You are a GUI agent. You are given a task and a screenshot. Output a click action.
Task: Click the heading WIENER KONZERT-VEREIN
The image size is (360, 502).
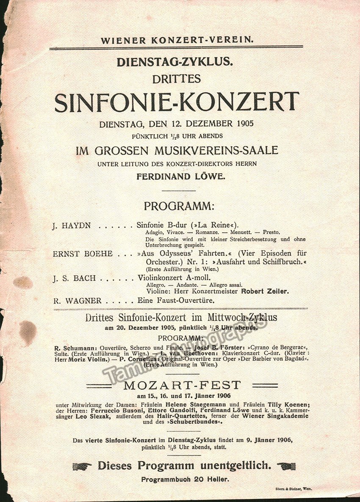[x=177, y=41]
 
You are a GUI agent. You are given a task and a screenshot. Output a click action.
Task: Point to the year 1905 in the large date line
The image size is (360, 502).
[x=243, y=124]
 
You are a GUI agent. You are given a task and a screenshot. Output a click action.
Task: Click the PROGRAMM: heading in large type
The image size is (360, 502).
[x=179, y=206]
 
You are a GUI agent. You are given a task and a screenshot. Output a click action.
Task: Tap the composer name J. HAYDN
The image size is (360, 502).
[x=72, y=226]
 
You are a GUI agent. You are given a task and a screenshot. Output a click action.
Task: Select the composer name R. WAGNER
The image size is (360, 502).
[x=78, y=301]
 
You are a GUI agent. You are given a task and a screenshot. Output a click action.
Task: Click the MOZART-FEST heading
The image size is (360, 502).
[x=182, y=386]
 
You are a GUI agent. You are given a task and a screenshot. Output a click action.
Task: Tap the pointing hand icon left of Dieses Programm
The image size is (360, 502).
[x=82, y=466]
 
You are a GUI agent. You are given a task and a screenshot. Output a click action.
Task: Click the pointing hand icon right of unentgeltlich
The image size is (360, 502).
[x=286, y=466]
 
